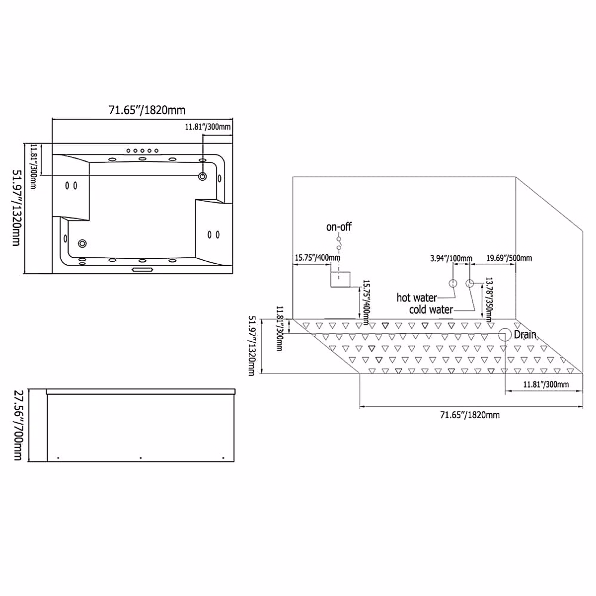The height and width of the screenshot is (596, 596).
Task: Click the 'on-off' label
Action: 339,226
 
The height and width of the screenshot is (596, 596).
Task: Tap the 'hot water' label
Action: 417,298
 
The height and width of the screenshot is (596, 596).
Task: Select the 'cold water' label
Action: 431,309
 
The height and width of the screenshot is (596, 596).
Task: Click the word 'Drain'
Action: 525,334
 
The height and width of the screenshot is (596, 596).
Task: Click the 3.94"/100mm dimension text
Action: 451,258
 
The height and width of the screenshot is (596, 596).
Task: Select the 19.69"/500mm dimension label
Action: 509,258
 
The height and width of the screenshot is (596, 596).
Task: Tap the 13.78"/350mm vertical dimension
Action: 489,299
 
